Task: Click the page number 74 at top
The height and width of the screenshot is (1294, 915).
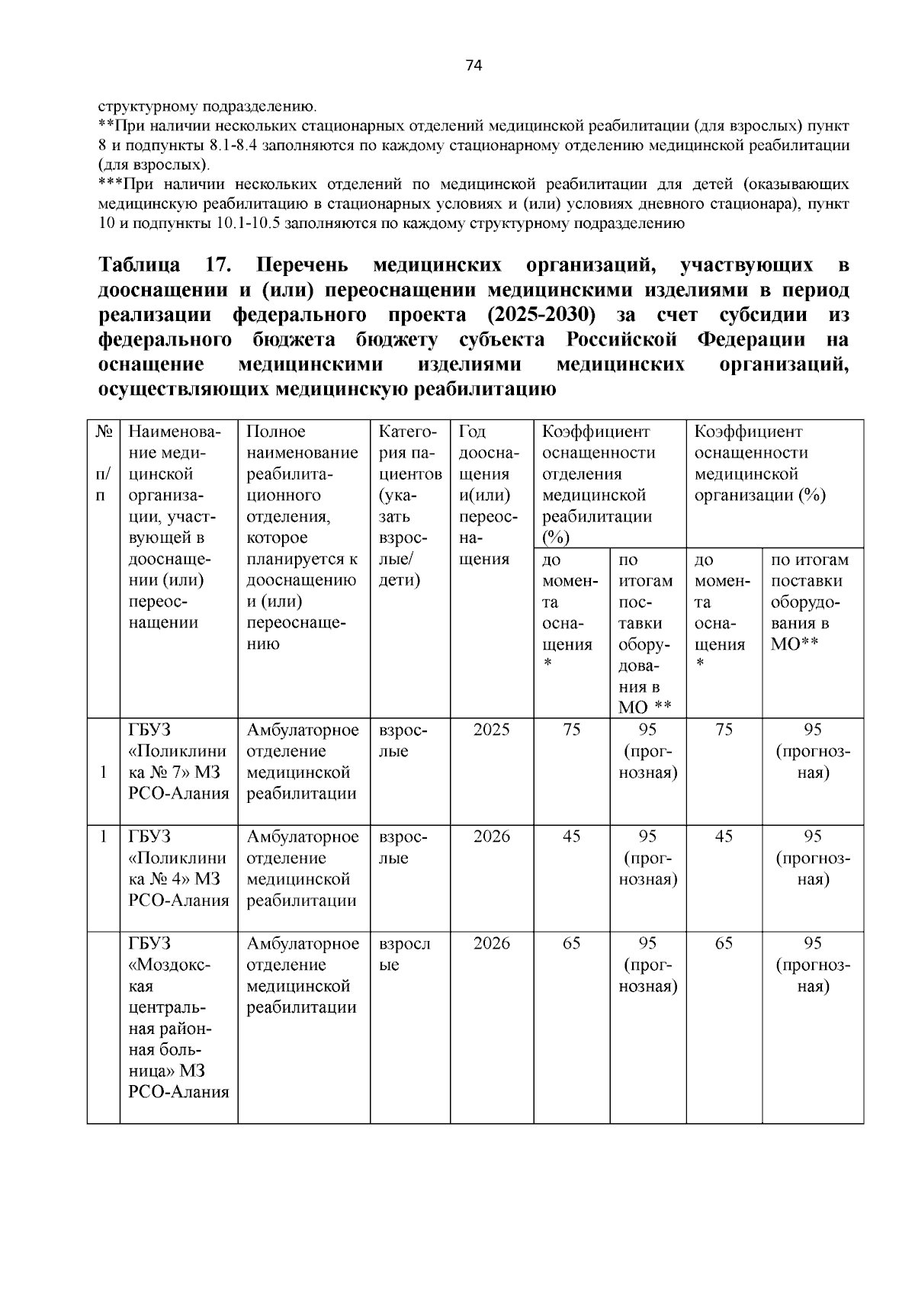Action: click(x=474, y=66)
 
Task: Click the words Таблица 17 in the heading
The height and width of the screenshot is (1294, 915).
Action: click(x=159, y=265)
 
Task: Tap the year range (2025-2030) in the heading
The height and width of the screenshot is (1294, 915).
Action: click(x=542, y=315)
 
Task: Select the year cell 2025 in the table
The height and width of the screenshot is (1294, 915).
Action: click(x=491, y=730)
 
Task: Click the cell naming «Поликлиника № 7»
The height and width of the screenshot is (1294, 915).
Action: click(x=178, y=761)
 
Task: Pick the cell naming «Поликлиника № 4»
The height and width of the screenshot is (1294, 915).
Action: click(x=178, y=868)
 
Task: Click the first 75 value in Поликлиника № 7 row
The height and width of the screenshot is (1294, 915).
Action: click(x=571, y=730)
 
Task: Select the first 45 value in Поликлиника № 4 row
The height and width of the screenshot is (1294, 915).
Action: click(x=571, y=836)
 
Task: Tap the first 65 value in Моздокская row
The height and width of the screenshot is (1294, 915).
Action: click(x=571, y=943)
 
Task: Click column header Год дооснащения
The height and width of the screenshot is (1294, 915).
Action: click(x=489, y=495)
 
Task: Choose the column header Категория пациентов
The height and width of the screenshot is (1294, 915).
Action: click(x=409, y=506)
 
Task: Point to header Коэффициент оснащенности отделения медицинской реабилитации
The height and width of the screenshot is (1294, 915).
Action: click(x=599, y=484)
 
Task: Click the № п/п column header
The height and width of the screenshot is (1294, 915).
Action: click(x=104, y=463)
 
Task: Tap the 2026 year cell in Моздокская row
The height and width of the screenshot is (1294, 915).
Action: click(x=491, y=943)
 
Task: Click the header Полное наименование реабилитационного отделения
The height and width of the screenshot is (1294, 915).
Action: click(x=303, y=538)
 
